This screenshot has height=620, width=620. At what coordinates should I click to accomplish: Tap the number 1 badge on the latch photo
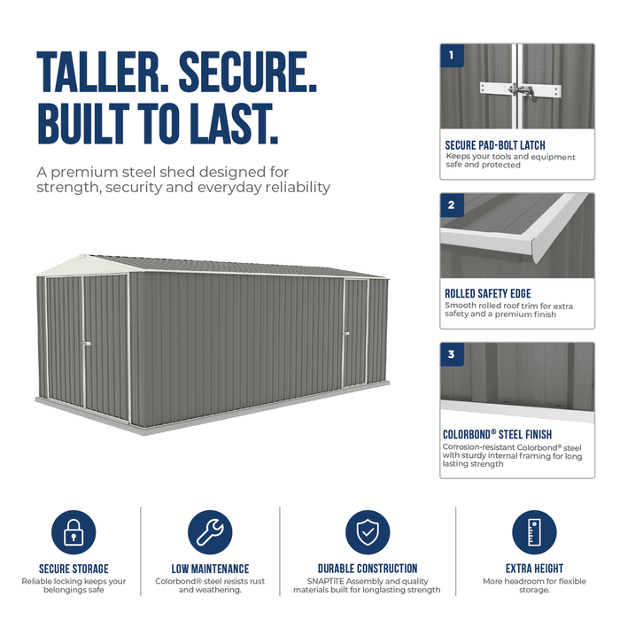click(452, 56)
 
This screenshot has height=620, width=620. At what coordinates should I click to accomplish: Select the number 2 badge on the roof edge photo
click(452, 205)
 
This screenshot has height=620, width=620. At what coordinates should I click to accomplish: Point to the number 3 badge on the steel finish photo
click(452, 354)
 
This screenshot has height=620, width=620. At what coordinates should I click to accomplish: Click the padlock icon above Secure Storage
click(74, 531)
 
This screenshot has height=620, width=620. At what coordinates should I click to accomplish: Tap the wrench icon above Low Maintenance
click(210, 531)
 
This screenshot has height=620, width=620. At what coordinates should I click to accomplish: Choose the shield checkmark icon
click(368, 531)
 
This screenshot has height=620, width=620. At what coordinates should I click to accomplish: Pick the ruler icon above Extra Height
click(534, 531)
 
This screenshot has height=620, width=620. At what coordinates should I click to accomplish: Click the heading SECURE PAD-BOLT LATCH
click(495, 145)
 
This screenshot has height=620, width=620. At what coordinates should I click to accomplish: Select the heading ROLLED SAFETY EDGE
click(488, 294)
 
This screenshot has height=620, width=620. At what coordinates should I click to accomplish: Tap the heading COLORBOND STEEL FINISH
click(497, 435)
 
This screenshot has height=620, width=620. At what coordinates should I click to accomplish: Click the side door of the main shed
click(355, 333)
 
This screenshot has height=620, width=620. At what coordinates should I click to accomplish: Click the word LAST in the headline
click(234, 123)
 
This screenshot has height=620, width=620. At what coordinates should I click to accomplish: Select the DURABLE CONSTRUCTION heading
click(368, 569)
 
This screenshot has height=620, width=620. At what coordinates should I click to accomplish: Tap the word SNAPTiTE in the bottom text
click(326, 581)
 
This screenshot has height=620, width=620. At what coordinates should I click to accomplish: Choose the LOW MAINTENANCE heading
click(210, 569)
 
